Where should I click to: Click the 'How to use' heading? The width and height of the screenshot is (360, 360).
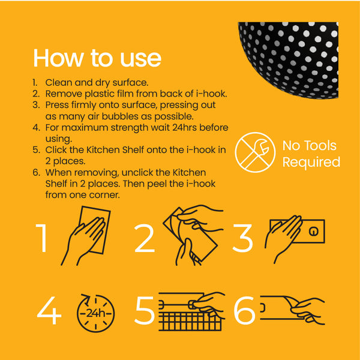pos(97,58)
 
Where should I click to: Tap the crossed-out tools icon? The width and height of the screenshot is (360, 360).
pos(255,152)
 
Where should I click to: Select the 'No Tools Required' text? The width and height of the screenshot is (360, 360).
pos(311,154)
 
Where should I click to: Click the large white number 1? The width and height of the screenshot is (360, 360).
pos(42,238)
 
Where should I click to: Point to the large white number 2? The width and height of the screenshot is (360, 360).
pos(145,238)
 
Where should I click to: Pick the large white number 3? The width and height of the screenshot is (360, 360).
pos(242,239)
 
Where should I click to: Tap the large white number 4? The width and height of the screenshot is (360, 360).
pos(49,310)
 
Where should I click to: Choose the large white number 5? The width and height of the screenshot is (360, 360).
pos(145,310)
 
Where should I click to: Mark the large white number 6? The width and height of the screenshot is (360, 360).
pos(244,310)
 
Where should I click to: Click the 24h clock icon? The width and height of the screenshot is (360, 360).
pos(95,313)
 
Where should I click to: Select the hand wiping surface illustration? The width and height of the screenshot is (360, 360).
pos(86,236)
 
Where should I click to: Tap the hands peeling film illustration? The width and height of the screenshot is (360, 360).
pos(193,235)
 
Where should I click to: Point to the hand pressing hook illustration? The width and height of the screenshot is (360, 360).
pos(295,239)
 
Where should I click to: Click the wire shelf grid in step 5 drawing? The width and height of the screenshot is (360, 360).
pos(190,321)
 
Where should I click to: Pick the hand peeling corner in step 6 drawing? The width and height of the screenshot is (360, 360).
pos(305,310)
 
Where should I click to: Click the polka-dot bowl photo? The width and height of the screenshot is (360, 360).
pos(288,61)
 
